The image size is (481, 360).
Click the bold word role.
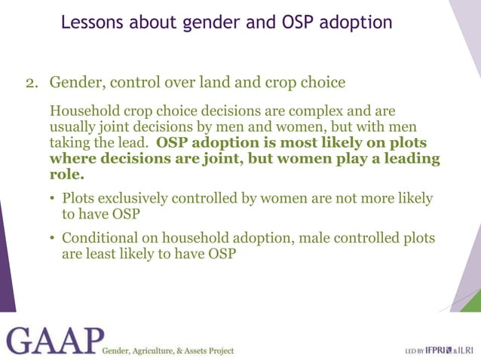pos(66,175)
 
